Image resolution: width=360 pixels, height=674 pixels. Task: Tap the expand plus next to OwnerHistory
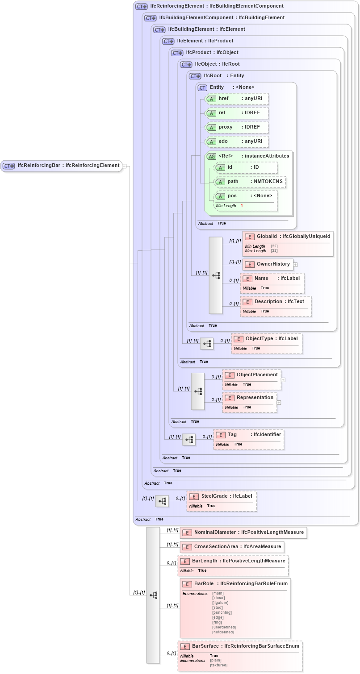295,264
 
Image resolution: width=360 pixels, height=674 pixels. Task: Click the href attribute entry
236,99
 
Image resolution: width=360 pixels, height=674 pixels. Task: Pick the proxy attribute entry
236,127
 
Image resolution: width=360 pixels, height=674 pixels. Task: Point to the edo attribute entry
236,141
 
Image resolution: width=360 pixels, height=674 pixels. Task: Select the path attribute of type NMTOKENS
250,182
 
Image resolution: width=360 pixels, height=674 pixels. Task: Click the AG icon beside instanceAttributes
211,156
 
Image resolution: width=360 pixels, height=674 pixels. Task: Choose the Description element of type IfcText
275,302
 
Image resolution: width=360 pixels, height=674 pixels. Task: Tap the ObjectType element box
266,339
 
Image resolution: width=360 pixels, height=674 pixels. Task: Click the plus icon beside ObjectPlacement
283,380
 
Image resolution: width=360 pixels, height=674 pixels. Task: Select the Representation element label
255,397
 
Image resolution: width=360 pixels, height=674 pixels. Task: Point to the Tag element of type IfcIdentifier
248,435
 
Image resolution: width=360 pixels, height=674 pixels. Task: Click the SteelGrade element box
221,496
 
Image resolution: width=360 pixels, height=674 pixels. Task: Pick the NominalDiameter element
243,532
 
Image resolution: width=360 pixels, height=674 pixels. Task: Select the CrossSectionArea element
232,546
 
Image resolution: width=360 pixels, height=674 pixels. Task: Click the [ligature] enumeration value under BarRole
220,603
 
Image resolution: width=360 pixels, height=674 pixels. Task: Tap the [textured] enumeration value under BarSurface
218,665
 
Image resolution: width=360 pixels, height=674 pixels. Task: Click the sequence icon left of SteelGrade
162,502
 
